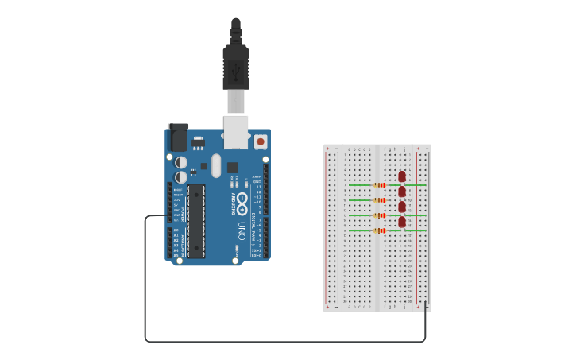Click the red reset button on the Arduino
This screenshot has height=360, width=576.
261,142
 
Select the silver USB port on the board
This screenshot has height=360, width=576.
236,130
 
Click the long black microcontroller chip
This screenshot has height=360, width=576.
195,221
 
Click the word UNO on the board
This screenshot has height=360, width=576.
242,231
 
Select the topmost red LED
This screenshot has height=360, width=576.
402,176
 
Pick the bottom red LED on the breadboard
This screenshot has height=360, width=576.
402,222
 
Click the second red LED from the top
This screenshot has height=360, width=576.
402,192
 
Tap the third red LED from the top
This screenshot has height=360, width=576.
402,207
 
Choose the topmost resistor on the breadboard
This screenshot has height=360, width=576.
380,185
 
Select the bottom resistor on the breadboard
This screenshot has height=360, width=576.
380,230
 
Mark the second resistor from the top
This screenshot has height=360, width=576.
380,200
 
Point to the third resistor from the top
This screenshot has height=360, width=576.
380,215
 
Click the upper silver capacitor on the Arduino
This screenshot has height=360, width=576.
182,162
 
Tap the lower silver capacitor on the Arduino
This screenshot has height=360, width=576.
182,177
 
